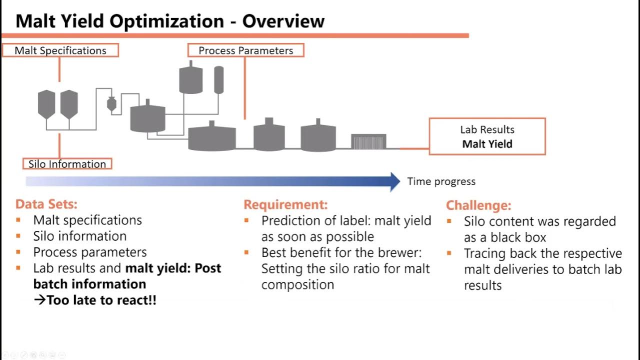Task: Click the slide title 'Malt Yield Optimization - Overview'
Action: point(170,21)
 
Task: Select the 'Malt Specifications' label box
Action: point(60,50)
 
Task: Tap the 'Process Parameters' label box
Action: point(245,50)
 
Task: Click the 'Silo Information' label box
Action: point(67,164)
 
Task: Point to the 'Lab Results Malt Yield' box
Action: point(487,136)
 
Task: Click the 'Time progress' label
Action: point(441,181)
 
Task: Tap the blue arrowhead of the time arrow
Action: point(394,181)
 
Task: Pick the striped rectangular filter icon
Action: point(368,141)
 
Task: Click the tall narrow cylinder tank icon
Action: point(218,79)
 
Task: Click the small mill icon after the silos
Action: point(111,103)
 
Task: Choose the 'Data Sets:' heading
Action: point(46,204)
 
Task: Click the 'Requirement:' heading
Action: point(285,204)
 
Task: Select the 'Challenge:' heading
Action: point(478,205)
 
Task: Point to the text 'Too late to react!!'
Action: point(101,300)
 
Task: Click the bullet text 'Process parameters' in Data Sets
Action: point(90,252)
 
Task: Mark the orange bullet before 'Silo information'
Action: point(18,236)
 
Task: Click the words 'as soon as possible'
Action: point(317,236)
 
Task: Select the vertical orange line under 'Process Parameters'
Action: point(244,87)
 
